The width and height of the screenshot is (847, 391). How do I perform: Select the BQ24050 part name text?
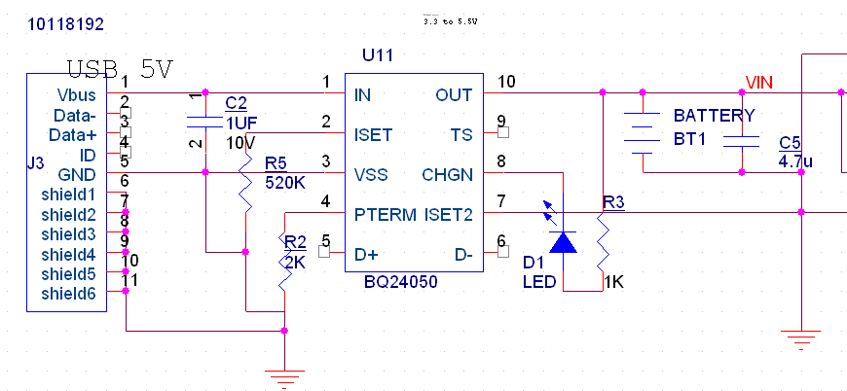(x=400, y=282)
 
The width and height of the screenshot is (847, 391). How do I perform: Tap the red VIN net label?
(x=759, y=81)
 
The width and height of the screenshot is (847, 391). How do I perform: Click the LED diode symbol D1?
(x=563, y=240)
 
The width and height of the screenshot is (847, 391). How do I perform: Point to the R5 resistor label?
(x=276, y=162)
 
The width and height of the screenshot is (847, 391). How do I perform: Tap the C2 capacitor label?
(x=236, y=103)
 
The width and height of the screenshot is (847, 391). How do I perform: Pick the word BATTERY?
(x=714, y=116)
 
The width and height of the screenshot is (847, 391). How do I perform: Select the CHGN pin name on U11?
(x=447, y=174)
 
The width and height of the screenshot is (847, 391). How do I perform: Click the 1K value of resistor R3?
(x=613, y=282)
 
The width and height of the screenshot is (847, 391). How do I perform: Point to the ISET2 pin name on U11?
(x=448, y=213)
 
